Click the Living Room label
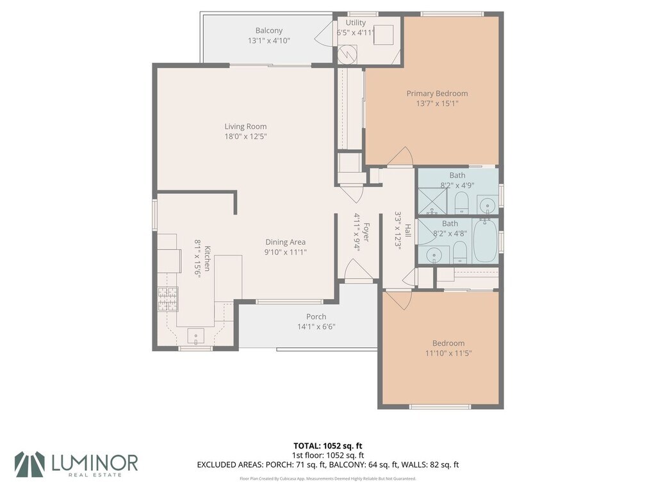click(x=245, y=126)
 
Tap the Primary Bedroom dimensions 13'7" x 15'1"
click(x=437, y=103)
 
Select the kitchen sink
click(x=196, y=336)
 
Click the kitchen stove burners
click(x=168, y=299)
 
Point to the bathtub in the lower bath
click(x=485, y=241)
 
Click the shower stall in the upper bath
click(x=432, y=201)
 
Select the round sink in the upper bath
click(x=487, y=206)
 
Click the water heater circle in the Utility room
click(x=348, y=54)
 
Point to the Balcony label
click(x=269, y=31)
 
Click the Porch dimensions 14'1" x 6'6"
click(x=316, y=327)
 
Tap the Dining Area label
click(x=285, y=242)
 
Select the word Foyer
click(x=366, y=232)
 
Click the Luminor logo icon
click(x=29, y=464)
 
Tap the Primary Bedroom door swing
click(x=400, y=158)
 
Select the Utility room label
click(x=356, y=22)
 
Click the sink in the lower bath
click(x=434, y=254)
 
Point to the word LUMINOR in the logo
click(x=95, y=463)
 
